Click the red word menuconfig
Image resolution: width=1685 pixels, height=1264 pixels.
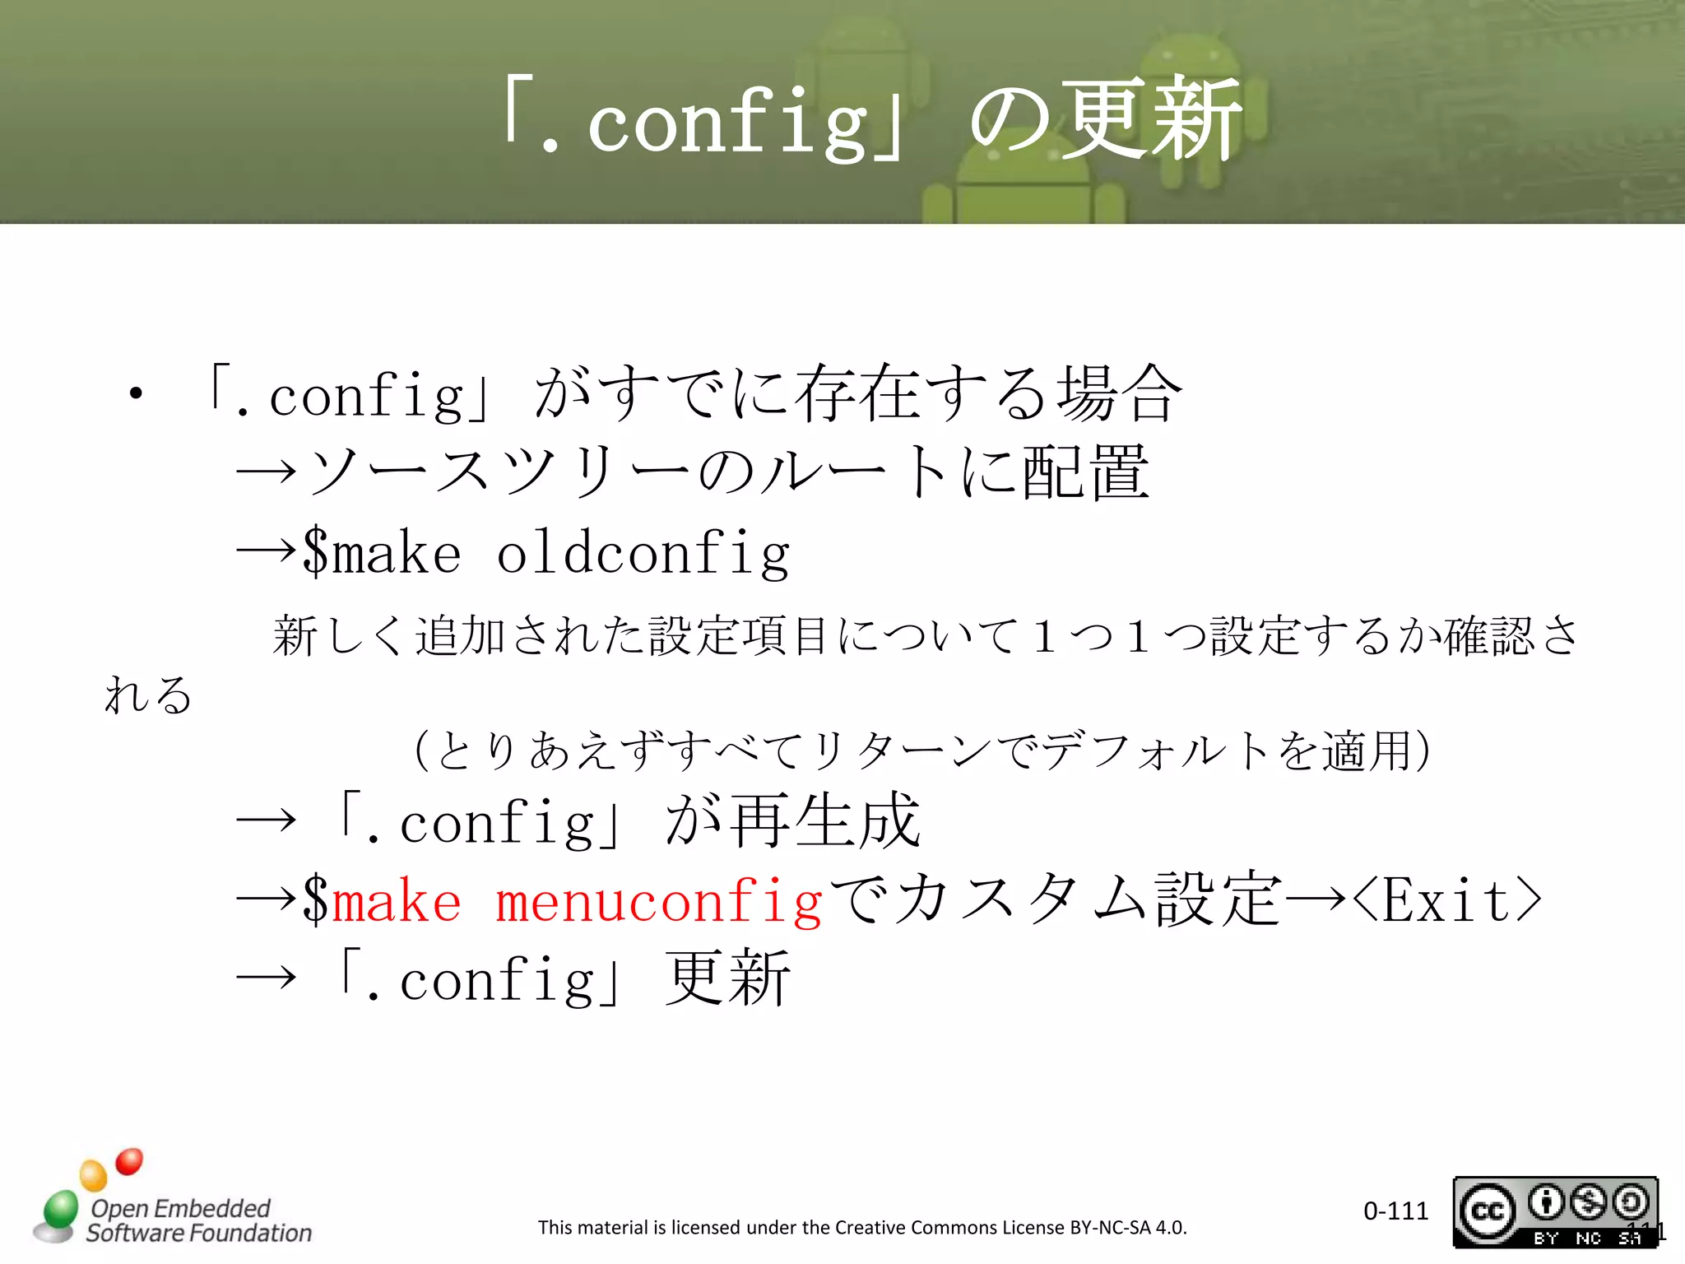point(658,901)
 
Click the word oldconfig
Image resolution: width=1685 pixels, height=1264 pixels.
point(643,553)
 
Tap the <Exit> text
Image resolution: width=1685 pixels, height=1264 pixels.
point(1446,899)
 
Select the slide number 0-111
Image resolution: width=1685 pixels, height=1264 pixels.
point(1395,1211)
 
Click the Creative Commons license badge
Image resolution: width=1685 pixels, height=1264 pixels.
point(1554,1211)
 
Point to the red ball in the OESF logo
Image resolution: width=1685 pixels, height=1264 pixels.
point(129,1161)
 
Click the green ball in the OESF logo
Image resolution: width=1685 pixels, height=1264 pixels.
point(60,1209)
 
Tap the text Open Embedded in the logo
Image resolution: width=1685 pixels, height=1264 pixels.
point(180,1208)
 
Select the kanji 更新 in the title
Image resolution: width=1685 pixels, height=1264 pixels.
point(1151,119)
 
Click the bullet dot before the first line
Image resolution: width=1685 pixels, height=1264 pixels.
point(136,394)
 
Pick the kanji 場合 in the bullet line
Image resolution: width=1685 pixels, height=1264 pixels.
point(1120,393)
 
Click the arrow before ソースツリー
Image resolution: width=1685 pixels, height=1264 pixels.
point(265,472)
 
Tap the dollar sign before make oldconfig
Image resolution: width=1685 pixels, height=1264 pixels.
point(315,552)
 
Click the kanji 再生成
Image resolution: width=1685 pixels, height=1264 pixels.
point(824,820)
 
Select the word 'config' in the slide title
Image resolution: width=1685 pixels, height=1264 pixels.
point(728,123)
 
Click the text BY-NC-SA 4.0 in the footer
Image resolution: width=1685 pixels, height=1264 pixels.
point(1128,1228)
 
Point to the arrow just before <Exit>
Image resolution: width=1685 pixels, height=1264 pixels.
point(1316,899)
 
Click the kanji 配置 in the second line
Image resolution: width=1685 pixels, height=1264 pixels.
point(1085,472)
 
